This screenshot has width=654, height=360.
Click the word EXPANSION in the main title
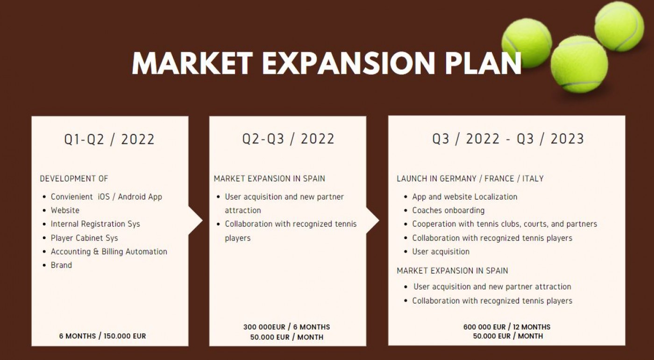[348, 64]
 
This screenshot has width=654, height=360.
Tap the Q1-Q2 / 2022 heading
[109, 139]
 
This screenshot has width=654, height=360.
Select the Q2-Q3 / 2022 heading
[288, 139]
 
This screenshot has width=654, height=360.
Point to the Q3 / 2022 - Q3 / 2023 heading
[508, 139]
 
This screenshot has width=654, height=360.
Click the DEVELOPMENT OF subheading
[74, 178]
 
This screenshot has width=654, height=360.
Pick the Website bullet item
[65, 210]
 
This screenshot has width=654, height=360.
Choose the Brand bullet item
[61, 265]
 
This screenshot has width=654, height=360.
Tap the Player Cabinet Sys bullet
[85, 238]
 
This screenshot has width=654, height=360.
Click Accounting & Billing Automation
[109, 252]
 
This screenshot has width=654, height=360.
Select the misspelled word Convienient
[72, 197]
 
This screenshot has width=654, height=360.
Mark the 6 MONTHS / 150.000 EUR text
[102, 336]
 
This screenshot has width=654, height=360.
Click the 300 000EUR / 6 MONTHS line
[287, 327]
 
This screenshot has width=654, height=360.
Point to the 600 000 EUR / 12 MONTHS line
[507, 327]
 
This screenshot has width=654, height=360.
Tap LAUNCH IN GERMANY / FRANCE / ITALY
[470, 178]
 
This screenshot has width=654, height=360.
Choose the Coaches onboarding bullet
[448, 210]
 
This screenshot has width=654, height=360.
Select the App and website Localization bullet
[464, 197]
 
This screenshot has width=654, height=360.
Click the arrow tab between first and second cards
[195, 220]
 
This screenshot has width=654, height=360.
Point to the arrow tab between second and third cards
[373, 220]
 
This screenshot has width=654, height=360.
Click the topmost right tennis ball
[619, 26]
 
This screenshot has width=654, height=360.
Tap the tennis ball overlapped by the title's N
[526, 43]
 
